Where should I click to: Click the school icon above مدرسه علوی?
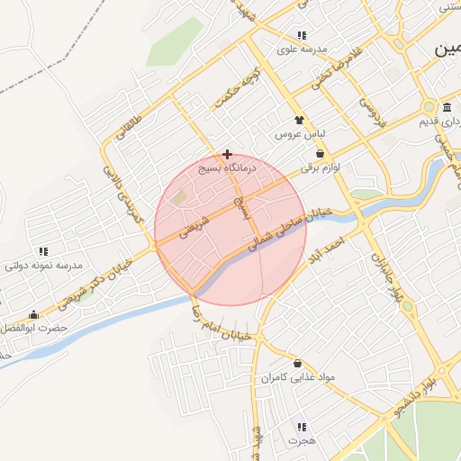pos(301,35)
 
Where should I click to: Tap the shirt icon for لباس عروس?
pos(300,120)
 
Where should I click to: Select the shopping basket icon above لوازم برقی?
pos(321,154)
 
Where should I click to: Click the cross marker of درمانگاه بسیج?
pos(227,154)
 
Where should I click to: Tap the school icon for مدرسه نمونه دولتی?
pos(43,251)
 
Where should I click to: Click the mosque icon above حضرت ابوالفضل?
pos(34,314)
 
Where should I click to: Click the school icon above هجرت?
pos(302,428)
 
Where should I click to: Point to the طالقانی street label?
pos(129,127)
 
